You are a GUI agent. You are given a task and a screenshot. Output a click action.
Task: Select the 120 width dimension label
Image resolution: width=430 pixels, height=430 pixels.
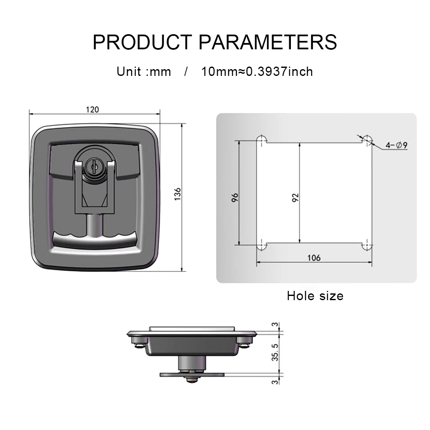click(92, 110)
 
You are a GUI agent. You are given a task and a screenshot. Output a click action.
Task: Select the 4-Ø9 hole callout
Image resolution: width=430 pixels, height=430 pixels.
click(396, 145)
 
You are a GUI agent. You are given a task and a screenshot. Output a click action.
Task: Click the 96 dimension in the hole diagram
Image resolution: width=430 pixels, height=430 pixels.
click(235, 197)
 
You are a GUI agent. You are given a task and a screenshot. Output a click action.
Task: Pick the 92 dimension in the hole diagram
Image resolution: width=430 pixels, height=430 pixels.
click(295, 197)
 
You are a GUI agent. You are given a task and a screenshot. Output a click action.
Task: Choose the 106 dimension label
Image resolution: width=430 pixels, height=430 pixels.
click(314, 258)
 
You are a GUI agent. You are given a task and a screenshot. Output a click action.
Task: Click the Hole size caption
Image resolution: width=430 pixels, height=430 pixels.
click(315, 296)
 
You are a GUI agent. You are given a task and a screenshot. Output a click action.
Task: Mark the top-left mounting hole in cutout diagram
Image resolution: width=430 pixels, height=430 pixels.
click(261, 140)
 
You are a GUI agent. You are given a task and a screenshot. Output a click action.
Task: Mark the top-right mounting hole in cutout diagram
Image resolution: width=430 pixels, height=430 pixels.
click(368, 140)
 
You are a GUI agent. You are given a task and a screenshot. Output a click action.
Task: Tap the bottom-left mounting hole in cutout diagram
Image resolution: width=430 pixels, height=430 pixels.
click(261, 245)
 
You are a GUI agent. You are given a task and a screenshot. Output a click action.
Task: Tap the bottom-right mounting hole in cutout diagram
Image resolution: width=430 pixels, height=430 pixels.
click(368, 245)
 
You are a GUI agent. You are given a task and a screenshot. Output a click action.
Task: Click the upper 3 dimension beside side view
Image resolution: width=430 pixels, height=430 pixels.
click(275, 325)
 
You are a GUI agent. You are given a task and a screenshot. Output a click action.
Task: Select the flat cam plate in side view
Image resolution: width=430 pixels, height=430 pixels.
click(192, 374)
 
